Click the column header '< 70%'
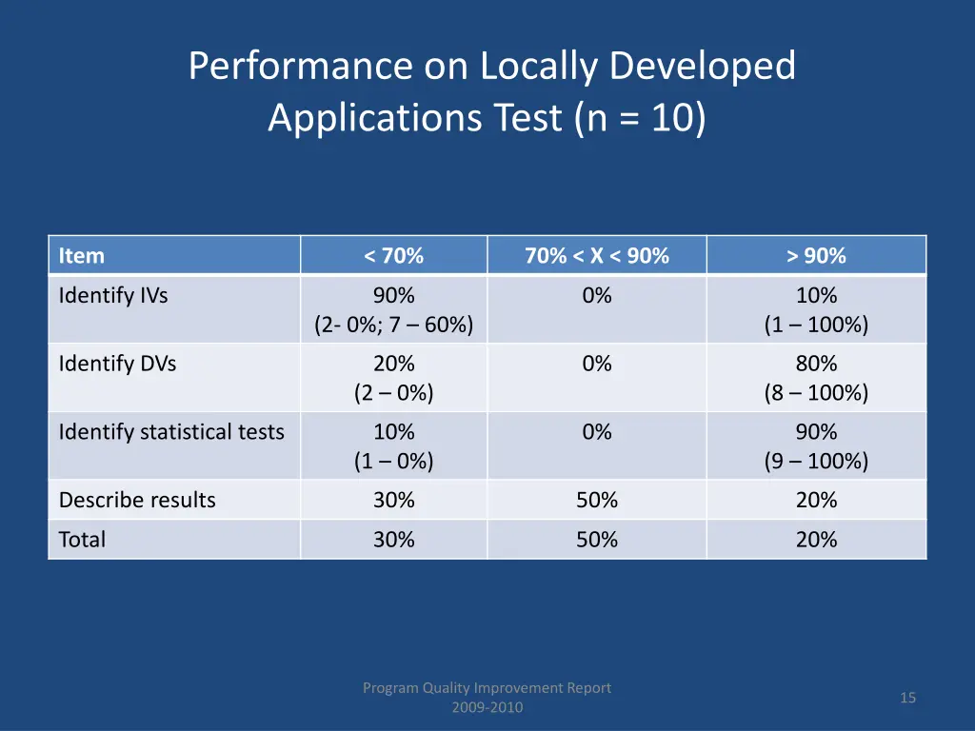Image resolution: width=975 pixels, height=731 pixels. (x=393, y=255)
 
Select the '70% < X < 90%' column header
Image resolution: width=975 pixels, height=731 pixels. (x=596, y=255)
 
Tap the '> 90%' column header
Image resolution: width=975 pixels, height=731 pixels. (x=816, y=255)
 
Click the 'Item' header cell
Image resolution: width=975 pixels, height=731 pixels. (x=82, y=255)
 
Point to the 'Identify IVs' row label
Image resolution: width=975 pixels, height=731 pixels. (x=112, y=295)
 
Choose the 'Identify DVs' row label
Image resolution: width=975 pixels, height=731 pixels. (x=117, y=363)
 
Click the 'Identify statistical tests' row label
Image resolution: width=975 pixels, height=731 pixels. (x=171, y=431)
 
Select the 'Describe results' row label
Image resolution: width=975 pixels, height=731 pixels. (x=137, y=500)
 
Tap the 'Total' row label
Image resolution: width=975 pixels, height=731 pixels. (x=82, y=540)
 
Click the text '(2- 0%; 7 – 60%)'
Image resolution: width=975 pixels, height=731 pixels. (x=393, y=325)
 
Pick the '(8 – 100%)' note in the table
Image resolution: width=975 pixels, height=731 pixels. (x=816, y=392)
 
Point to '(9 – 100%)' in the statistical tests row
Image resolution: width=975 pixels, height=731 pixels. (x=816, y=461)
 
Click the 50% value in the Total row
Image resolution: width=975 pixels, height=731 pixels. (x=596, y=540)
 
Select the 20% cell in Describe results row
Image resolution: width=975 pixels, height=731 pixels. (x=816, y=500)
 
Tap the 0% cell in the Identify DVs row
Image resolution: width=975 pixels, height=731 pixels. (x=596, y=363)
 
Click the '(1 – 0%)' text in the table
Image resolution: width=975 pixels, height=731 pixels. (x=393, y=461)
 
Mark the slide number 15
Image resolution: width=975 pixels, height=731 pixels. (x=907, y=698)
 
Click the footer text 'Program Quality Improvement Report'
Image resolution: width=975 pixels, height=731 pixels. (x=487, y=687)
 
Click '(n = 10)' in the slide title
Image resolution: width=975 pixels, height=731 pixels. (x=640, y=118)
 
